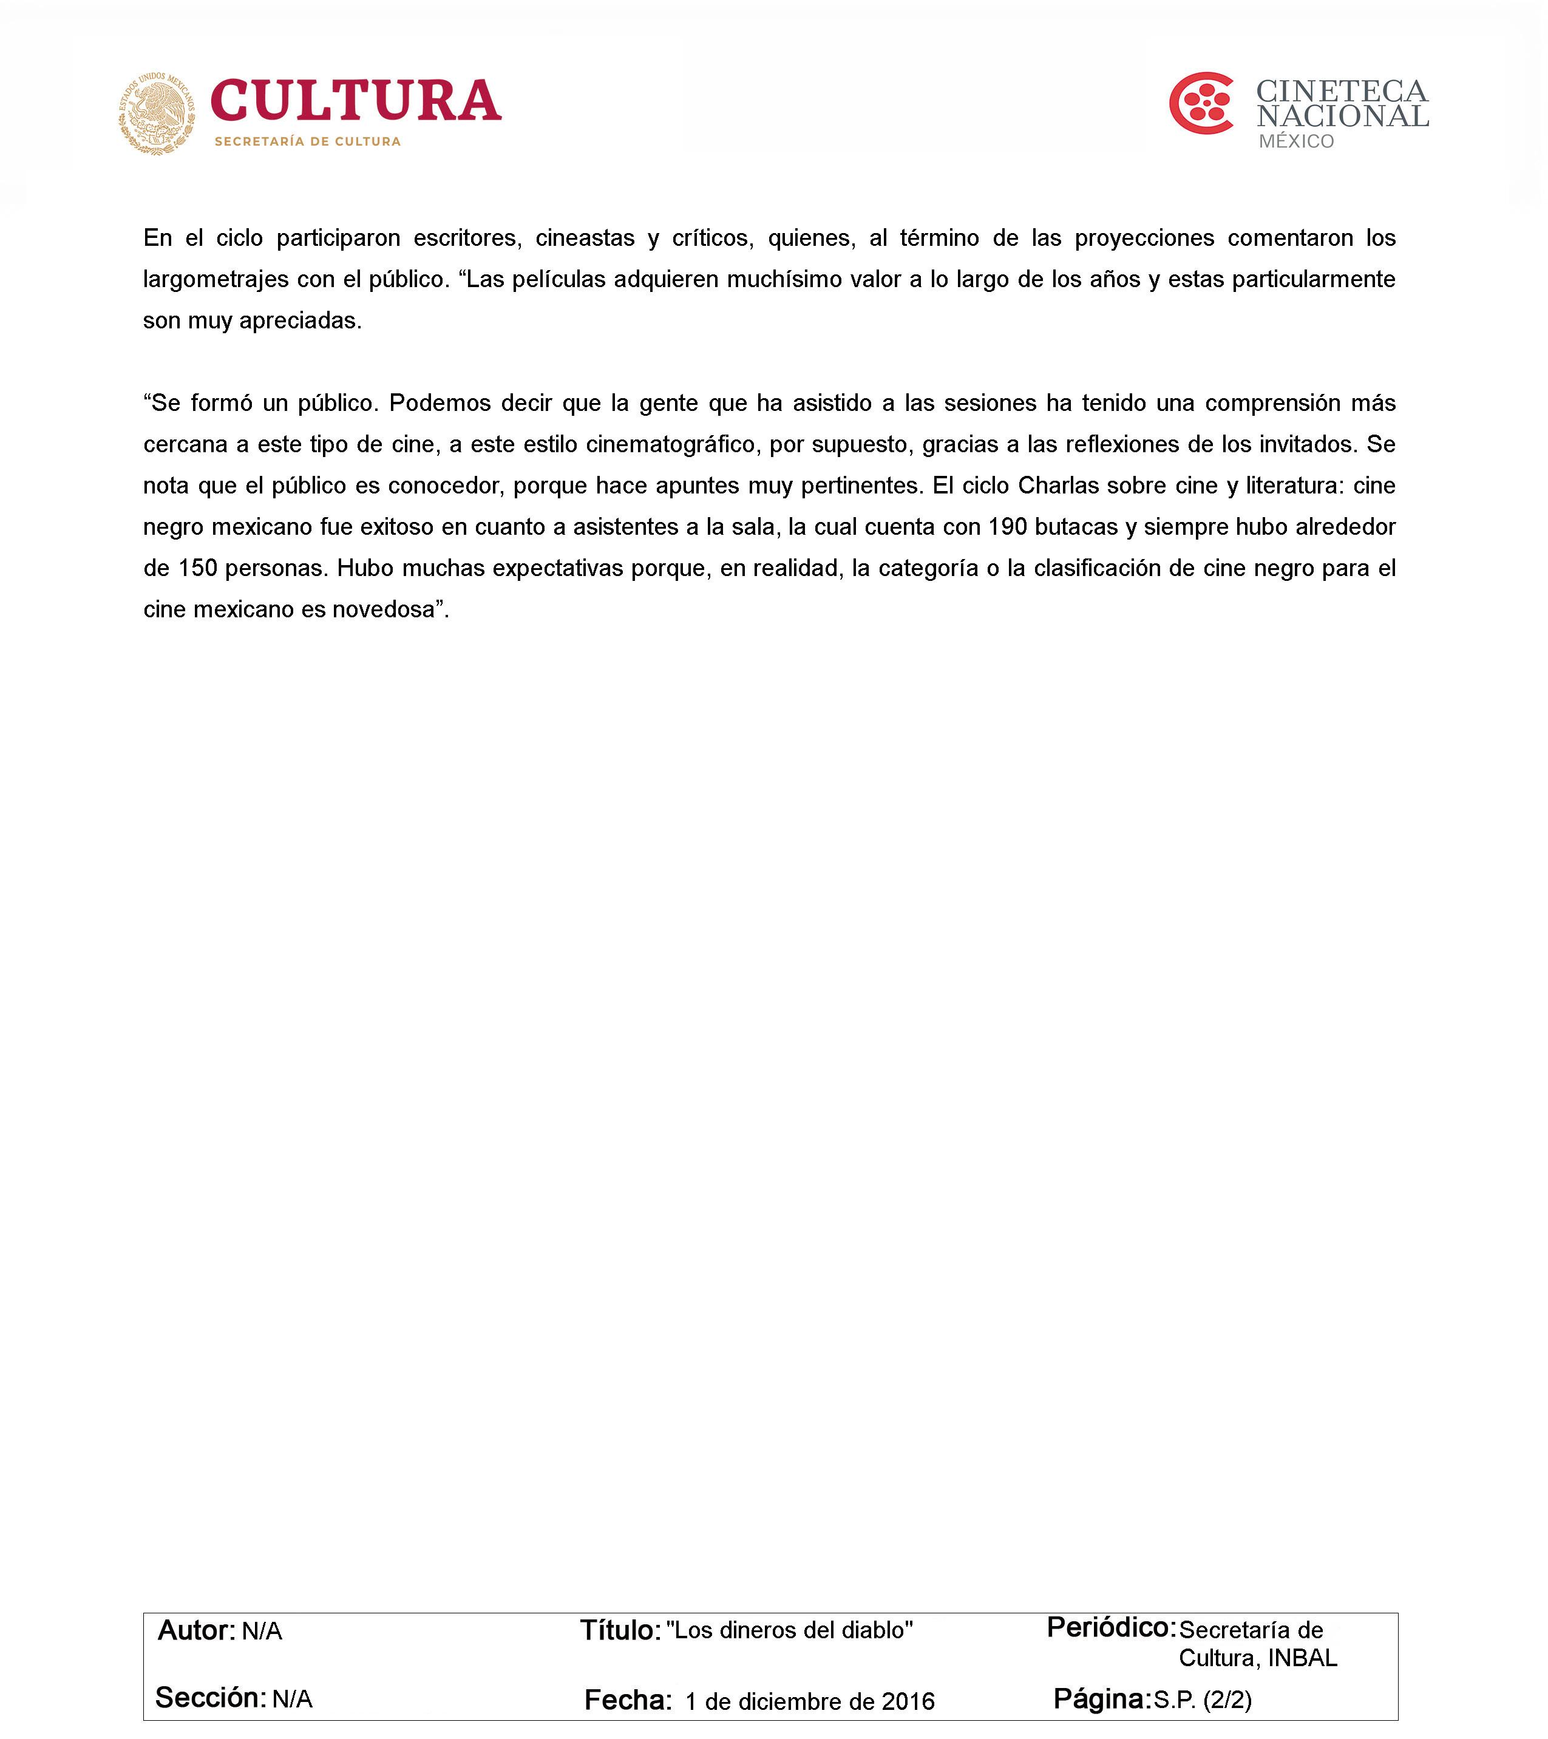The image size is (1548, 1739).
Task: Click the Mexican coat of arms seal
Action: (157, 113)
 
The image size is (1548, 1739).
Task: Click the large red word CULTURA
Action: (356, 101)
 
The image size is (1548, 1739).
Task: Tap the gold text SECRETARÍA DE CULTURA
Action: (307, 141)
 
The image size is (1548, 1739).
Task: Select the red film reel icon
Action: (1201, 104)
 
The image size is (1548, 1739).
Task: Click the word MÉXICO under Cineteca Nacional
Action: (1296, 141)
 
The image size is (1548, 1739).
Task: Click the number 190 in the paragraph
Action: (1008, 527)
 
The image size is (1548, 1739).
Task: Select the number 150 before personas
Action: (197, 568)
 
